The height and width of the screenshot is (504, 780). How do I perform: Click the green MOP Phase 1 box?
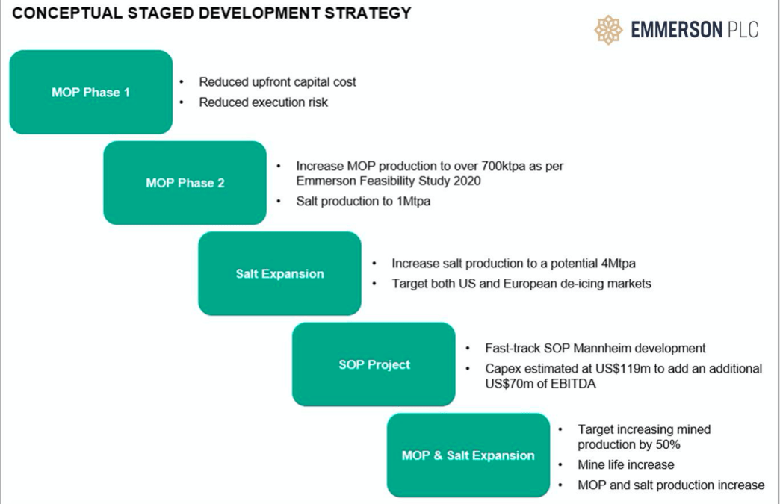pyautogui.click(x=90, y=92)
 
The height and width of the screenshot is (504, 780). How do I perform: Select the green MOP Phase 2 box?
pyautogui.click(x=185, y=183)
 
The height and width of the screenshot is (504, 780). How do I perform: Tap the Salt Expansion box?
pyautogui.click(x=279, y=273)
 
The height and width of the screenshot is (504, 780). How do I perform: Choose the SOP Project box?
pyautogui.click(x=374, y=364)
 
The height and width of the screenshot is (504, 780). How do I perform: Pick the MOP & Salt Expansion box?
pyautogui.click(x=468, y=455)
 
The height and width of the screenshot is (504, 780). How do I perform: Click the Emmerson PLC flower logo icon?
pyautogui.click(x=608, y=30)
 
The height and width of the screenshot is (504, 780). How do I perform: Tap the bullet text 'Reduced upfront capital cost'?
pyautogui.click(x=277, y=82)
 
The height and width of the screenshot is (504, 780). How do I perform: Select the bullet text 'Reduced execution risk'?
pyautogui.click(x=263, y=102)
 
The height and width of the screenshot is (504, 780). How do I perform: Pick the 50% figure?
pyautogui.click(x=666, y=444)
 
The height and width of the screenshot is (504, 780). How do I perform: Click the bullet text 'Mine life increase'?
pyautogui.click(x=625, y=464)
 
